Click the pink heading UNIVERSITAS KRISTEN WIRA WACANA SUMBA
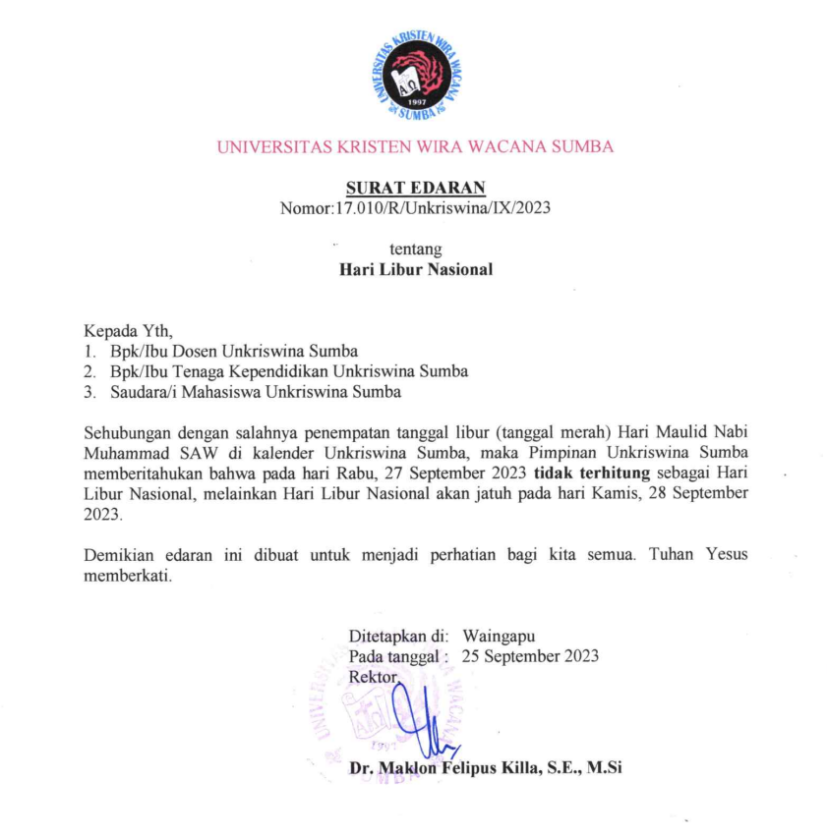point(414,147)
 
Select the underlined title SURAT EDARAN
point(415,188)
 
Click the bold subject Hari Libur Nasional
point(415,268)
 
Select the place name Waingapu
point(499,636)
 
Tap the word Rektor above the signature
point(375,677)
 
